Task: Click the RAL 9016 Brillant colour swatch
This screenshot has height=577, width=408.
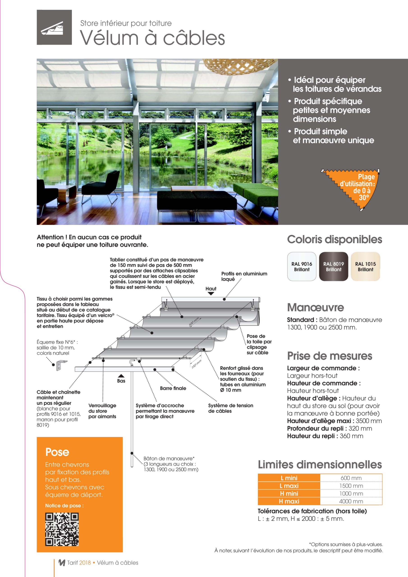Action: [302, 266]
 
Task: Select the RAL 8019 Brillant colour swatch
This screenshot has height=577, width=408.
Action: [334, 266]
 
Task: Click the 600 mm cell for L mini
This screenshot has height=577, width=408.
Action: [351, 478]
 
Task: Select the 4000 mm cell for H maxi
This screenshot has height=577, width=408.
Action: [351, 501]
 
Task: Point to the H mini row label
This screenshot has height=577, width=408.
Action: [289, 494]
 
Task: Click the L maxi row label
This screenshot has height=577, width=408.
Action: [289, 486]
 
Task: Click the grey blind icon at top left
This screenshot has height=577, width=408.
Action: [54, 27]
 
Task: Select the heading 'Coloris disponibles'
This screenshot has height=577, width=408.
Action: [334, 240]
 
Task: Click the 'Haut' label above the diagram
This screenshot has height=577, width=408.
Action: [211, 289]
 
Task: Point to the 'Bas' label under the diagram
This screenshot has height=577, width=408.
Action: [121, 381]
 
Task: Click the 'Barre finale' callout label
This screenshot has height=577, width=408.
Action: [173, 388]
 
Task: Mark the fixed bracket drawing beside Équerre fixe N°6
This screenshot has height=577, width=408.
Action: [61, 366]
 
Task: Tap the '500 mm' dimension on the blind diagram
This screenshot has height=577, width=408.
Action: [194, 321]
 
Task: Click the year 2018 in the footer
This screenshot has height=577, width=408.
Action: [85, 563]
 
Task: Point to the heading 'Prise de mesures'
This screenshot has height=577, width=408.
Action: [330, 356]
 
